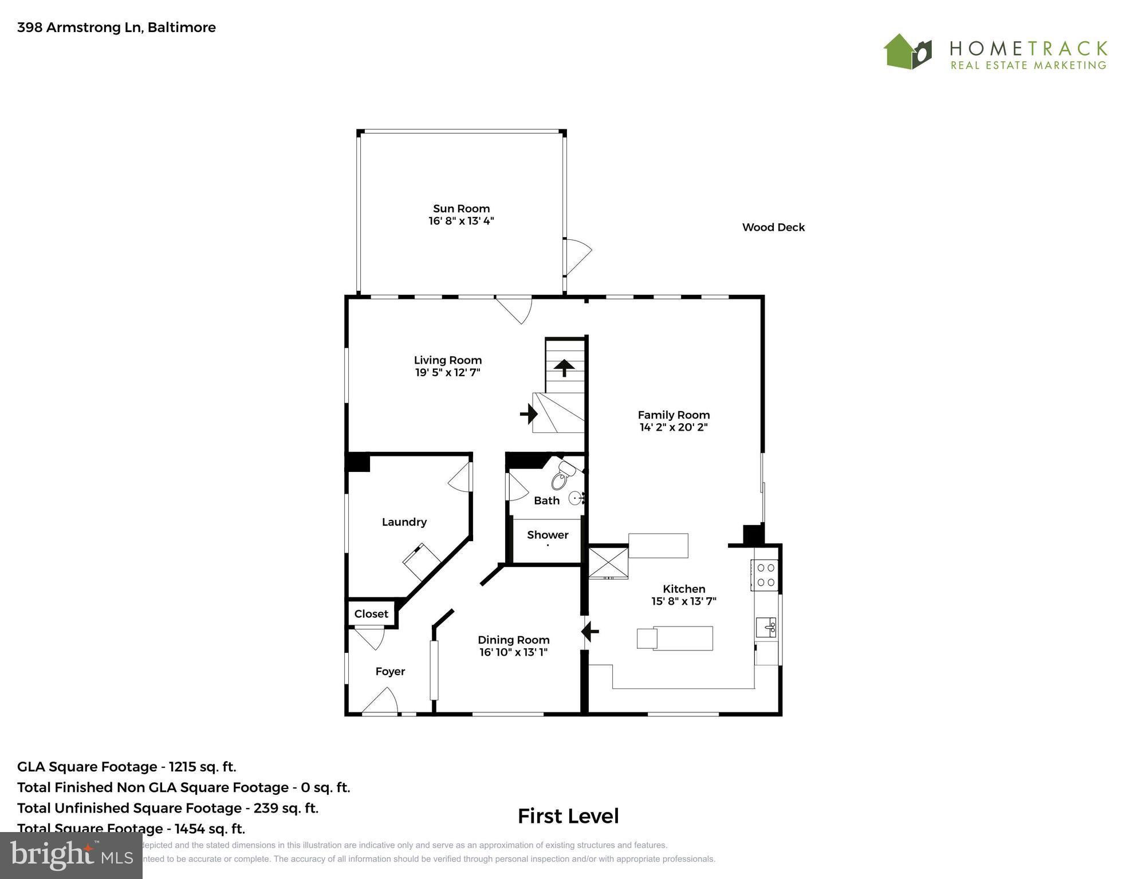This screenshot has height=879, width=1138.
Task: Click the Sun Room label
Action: click(461, 208)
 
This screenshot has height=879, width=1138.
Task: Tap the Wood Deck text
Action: click(773, 227)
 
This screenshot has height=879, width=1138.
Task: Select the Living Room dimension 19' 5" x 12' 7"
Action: click(447, 373)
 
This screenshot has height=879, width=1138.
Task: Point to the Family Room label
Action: click(674, 415)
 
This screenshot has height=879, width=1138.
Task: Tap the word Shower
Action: click(548, 535)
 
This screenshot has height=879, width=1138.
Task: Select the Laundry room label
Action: click(404, 522)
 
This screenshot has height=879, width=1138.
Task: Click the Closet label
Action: click(371, 614)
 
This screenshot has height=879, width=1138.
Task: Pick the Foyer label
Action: click(390, 671)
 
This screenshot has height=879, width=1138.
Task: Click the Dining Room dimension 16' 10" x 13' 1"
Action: click(513, 652)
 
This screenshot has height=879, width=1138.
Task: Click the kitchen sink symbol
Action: click(766, 627)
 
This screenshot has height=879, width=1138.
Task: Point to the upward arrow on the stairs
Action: click(564, 367)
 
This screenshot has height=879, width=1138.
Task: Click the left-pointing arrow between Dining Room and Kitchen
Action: click(590, 632)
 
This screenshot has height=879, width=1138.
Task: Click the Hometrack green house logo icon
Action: click(907, 52)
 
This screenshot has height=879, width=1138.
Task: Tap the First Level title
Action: click(568, 816)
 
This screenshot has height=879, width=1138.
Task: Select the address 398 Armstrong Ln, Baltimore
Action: click(116, 27)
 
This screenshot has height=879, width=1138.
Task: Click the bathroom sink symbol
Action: click(576, 498)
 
